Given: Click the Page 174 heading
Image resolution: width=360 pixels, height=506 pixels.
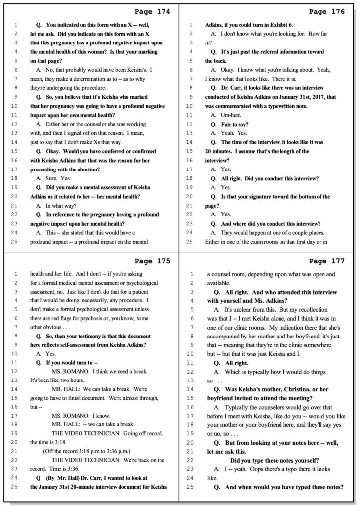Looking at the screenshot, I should [152, 11].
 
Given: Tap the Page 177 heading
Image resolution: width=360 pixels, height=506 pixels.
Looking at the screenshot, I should [327, 261].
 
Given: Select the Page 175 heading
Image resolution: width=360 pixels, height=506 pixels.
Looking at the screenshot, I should [152, 261].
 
